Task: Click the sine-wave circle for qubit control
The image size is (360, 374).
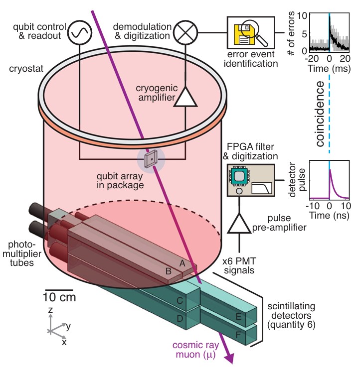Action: point(80,32)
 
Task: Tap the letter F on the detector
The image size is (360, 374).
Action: point(239,335)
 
